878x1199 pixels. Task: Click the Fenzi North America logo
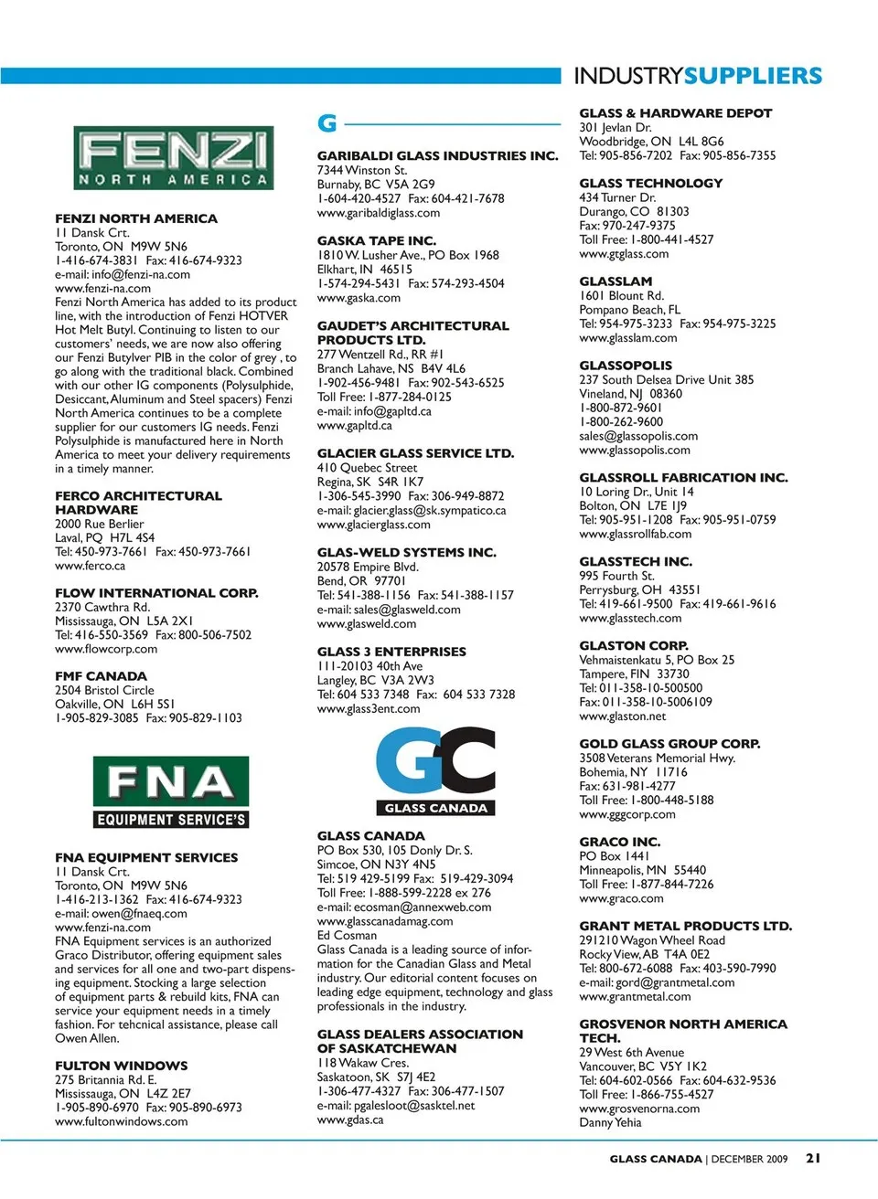tap(173, 158)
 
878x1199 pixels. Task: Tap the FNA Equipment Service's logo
tap(171, 791)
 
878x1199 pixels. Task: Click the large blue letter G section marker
tap(327, 123)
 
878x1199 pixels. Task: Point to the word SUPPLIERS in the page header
tap(754, 76)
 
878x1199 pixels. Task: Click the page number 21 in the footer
tap(813, 1158)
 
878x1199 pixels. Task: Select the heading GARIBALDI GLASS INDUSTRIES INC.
tap(437, 156)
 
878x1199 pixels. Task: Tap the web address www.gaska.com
tap(359, 298)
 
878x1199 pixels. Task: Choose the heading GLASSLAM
tap(616, 281)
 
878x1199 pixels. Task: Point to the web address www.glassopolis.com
tap(635, 451)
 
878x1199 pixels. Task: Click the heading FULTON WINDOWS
tap(121, 1066)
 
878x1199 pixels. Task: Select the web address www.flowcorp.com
tap(106, 649)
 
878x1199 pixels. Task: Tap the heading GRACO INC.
tap(619, 842)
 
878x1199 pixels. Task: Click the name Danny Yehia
tap(610, 1122)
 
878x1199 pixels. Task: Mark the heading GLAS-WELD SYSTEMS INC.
tap(406, 553)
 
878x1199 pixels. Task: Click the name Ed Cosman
tap(347, 935)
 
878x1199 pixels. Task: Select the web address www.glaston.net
tap(623, 716)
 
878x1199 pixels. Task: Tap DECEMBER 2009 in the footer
tap(749, 1159)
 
